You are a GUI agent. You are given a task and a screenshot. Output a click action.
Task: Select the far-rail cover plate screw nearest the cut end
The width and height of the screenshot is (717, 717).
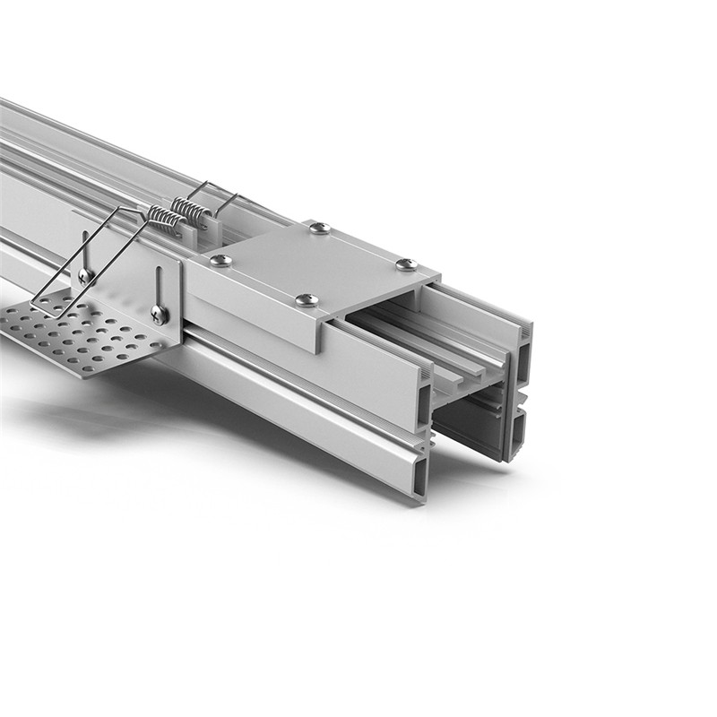click(x=406, y=264)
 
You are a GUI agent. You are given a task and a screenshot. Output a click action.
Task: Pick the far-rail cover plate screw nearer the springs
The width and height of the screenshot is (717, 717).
click(x=320, y=228)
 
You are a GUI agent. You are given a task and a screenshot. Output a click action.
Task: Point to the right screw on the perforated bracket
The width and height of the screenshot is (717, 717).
click(x=158, y=314)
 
